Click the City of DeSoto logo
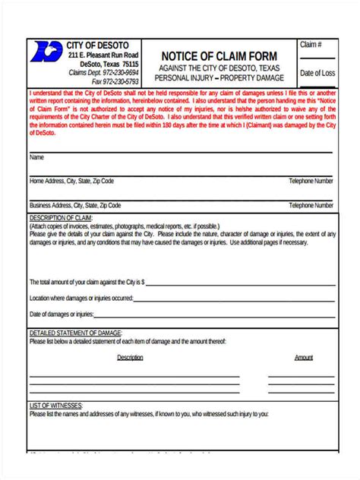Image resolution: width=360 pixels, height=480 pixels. pyautogui.click(x=46, y=53)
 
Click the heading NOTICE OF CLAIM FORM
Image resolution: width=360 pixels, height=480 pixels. pyautogui.click(x=219, y=56)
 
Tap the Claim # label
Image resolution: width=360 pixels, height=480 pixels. pyautogui.click(x=311, y=46)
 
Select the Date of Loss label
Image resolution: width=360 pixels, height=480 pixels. pyautogui.click(x=317, y=74)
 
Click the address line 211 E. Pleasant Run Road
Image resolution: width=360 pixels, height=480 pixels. pyautogui.click(x=103, y=55)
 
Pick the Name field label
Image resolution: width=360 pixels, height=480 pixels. pyautogui.click(x=36, y=158)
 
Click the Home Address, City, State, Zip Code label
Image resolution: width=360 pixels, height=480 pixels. pyautogui.click(x=71, y=182)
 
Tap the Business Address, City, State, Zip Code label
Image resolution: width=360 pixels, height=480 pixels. pyautogui.click(x=75, y=205)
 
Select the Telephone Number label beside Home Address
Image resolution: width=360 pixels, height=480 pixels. pyautogui.click(x=311, y=182)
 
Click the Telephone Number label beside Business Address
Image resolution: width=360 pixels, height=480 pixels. pyautogui.click(x=311, y=205)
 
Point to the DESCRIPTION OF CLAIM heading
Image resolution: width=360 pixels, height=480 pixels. pyautogui.click(x=60, y=218)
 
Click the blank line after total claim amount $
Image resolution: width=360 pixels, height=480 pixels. pyautogui.click(x=239, y=282)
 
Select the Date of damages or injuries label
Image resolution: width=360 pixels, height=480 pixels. pyautogui.click(x=62, y=314)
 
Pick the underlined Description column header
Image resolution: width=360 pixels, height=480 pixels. pyautogui.click(x=130, y=357)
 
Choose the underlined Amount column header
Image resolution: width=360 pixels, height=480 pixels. pyautogui.click(x=304, y=357)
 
